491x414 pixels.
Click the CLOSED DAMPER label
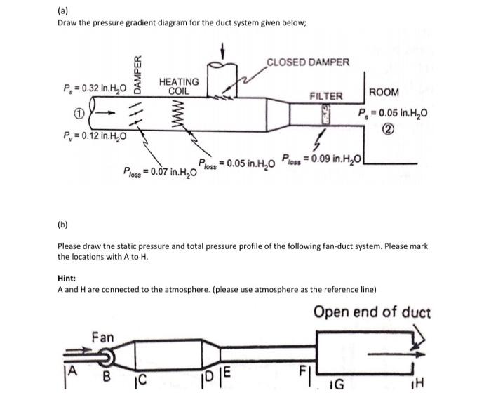[308, 62]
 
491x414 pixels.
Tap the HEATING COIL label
[179, 86]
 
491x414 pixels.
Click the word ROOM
[384, 92]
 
